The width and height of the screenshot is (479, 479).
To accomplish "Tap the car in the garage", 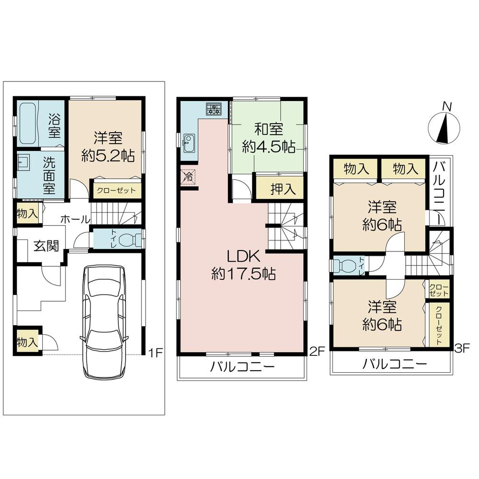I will coord(105,321).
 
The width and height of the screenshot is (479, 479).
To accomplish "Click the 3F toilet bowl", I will coord(343,265).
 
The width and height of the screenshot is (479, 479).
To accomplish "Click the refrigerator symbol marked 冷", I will coord(189,177).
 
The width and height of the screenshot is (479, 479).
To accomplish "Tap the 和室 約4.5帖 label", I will coord(268,138).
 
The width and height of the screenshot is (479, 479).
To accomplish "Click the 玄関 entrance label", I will coord(46,246).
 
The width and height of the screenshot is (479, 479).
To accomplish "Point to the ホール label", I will coord(75,219).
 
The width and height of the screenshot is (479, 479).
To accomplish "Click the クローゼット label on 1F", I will coord(116,190).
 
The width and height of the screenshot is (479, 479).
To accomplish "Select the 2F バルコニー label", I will coord(242,368).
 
